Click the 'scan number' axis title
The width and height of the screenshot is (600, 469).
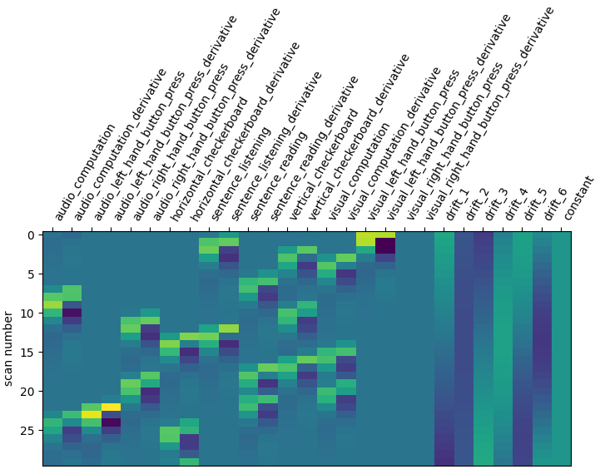click(8, 348)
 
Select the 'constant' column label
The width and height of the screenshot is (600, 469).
click(578, 199)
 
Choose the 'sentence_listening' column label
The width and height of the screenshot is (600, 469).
click(241, 175)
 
